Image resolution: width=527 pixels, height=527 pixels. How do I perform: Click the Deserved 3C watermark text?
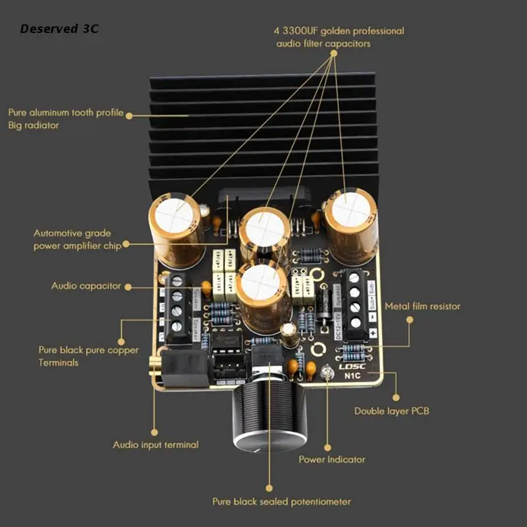[59, 29]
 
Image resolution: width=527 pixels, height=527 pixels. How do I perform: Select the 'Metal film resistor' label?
[422, 306]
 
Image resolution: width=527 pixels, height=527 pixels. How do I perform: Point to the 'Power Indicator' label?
[332, 459]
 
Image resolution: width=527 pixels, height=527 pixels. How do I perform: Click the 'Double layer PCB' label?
[392, 411]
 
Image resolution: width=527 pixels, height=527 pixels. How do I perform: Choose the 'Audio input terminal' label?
[155, 445]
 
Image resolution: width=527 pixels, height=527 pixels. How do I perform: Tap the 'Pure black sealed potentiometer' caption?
[281, 501]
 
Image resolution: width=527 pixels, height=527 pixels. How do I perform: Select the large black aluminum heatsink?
[263, 125]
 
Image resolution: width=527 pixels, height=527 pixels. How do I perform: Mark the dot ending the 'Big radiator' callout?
[129, 115]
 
